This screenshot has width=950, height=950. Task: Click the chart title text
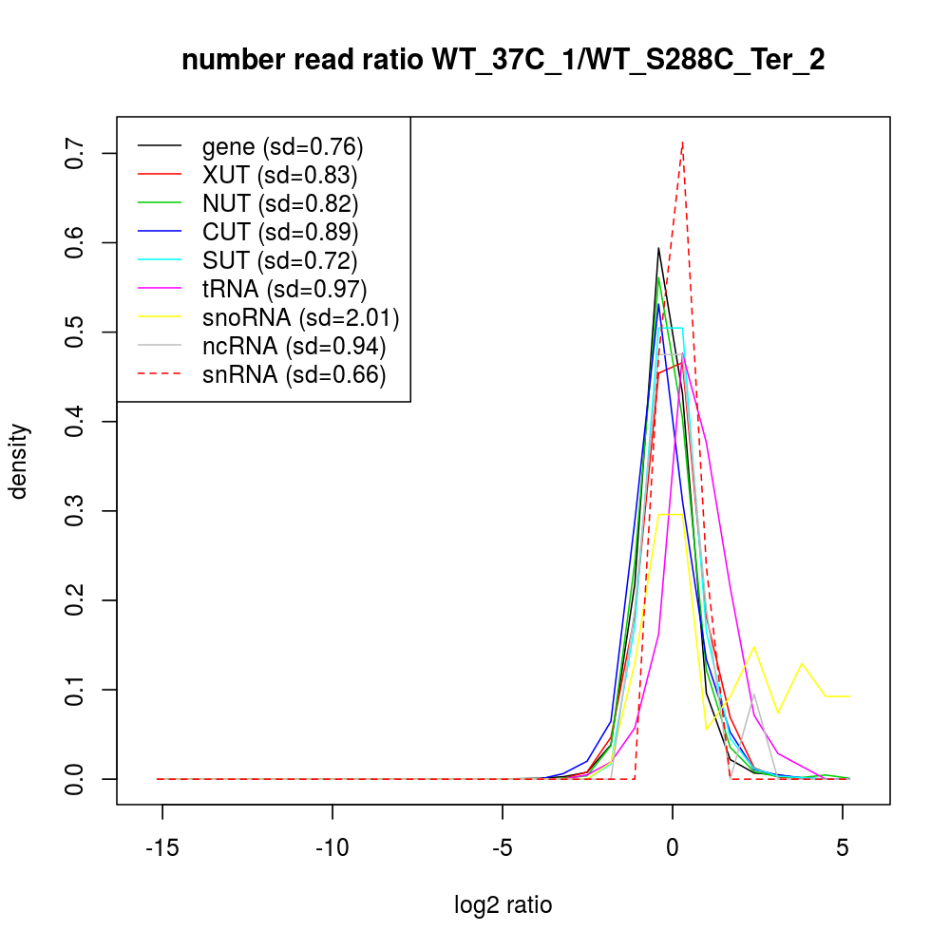pyautogui.click(x=503, y=60)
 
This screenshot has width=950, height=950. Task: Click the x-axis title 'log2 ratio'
pyautogui.click(x=503, y=905)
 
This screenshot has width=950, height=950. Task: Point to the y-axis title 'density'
pyautogui.click(x=18, y=461)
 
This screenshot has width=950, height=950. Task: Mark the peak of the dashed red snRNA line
pyautogui.click(x=682, y=142)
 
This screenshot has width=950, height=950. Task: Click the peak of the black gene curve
pyautogui.click(x=658, y=248)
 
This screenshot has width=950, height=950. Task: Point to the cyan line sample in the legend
pyautogui.click(x=160, y=260)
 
